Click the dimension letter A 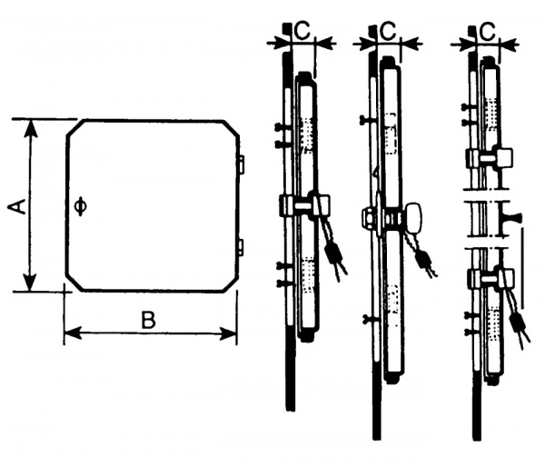[17, 206]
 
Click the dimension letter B [148, 320]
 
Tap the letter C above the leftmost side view [302, 31]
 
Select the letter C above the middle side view [388, 31]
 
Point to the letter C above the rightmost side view [488, 31]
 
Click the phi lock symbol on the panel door [81, 206]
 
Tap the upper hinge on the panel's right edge [242, 164]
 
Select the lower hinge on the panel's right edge [242, 247]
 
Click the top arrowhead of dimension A [31, 128]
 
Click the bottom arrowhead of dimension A [31, 282]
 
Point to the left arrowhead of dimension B [73, 333]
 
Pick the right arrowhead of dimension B [228, 333]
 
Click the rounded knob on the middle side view [413, 217]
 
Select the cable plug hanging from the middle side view [423, 260]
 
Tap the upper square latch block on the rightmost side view [505, 157]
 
